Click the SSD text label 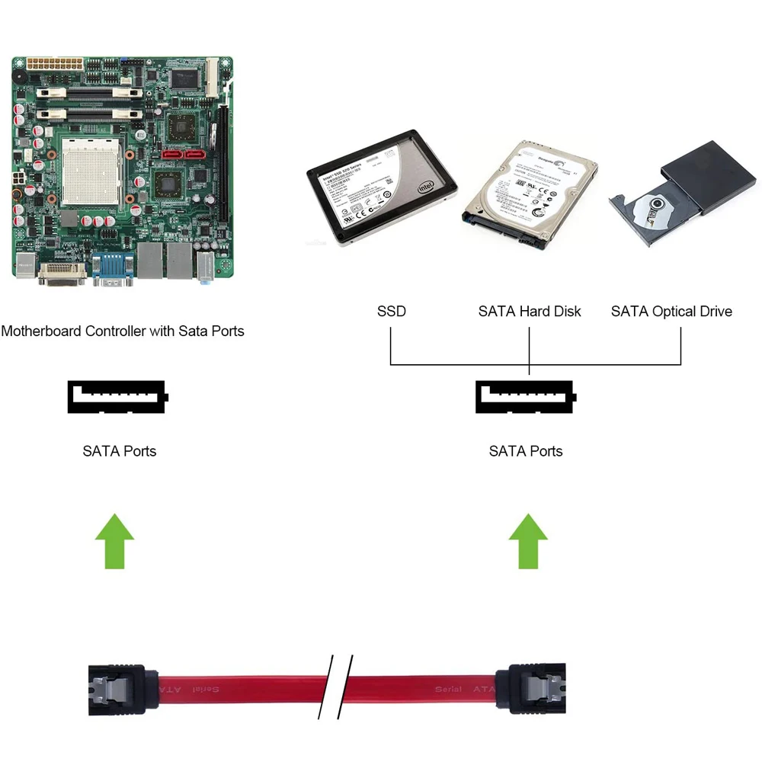(392, 311)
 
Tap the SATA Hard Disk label (530, 311)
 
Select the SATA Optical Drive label (671, 311)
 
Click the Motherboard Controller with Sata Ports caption (123, 331)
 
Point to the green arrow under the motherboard (114, 540)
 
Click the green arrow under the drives (528, 540)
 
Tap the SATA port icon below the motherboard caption (117, 397)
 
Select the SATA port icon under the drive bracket (526, 397)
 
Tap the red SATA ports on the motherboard (184, 155)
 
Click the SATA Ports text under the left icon (120, 451)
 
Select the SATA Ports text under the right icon (526, 451)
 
